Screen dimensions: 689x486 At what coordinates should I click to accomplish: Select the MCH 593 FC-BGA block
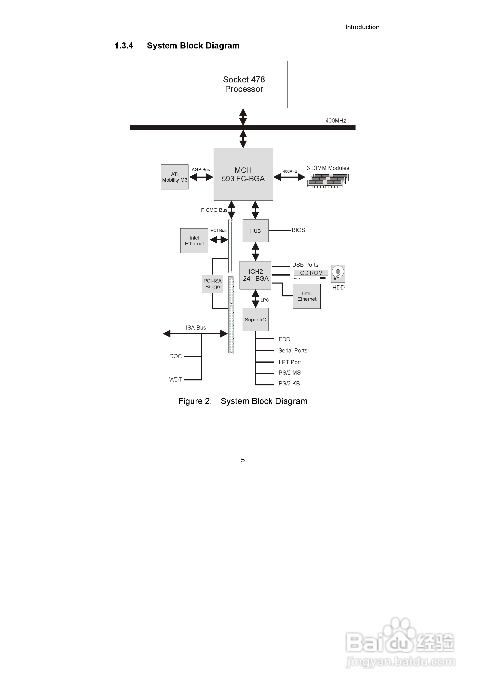tap(243, 174)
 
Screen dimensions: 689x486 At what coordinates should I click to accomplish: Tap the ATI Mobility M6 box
tap(174, 177)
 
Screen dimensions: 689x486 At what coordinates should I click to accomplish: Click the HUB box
tap(255, 231)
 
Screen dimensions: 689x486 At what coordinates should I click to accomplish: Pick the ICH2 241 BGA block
tap(255, 275)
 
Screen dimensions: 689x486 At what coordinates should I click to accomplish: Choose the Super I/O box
tap(255, 320)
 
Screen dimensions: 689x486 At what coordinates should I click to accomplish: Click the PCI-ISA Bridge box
tap(212, 284)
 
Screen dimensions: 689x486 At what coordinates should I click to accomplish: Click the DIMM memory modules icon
tap(328, 180)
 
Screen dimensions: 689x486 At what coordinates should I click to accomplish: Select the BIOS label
tap(298, 230)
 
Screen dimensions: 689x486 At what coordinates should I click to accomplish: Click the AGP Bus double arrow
tap(201, 177)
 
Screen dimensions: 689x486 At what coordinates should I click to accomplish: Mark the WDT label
tap(175, 380)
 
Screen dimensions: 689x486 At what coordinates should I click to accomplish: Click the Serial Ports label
tap(293, 350)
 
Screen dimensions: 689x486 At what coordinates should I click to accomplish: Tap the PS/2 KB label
tap(289, 384)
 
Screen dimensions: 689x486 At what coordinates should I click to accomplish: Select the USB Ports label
tap(305, 265)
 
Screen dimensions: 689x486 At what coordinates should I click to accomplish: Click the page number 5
tap(243, 460)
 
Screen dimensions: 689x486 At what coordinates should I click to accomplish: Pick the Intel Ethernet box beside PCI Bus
tap(194, 241)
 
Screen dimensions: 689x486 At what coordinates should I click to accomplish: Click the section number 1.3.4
tap(124, 46)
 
